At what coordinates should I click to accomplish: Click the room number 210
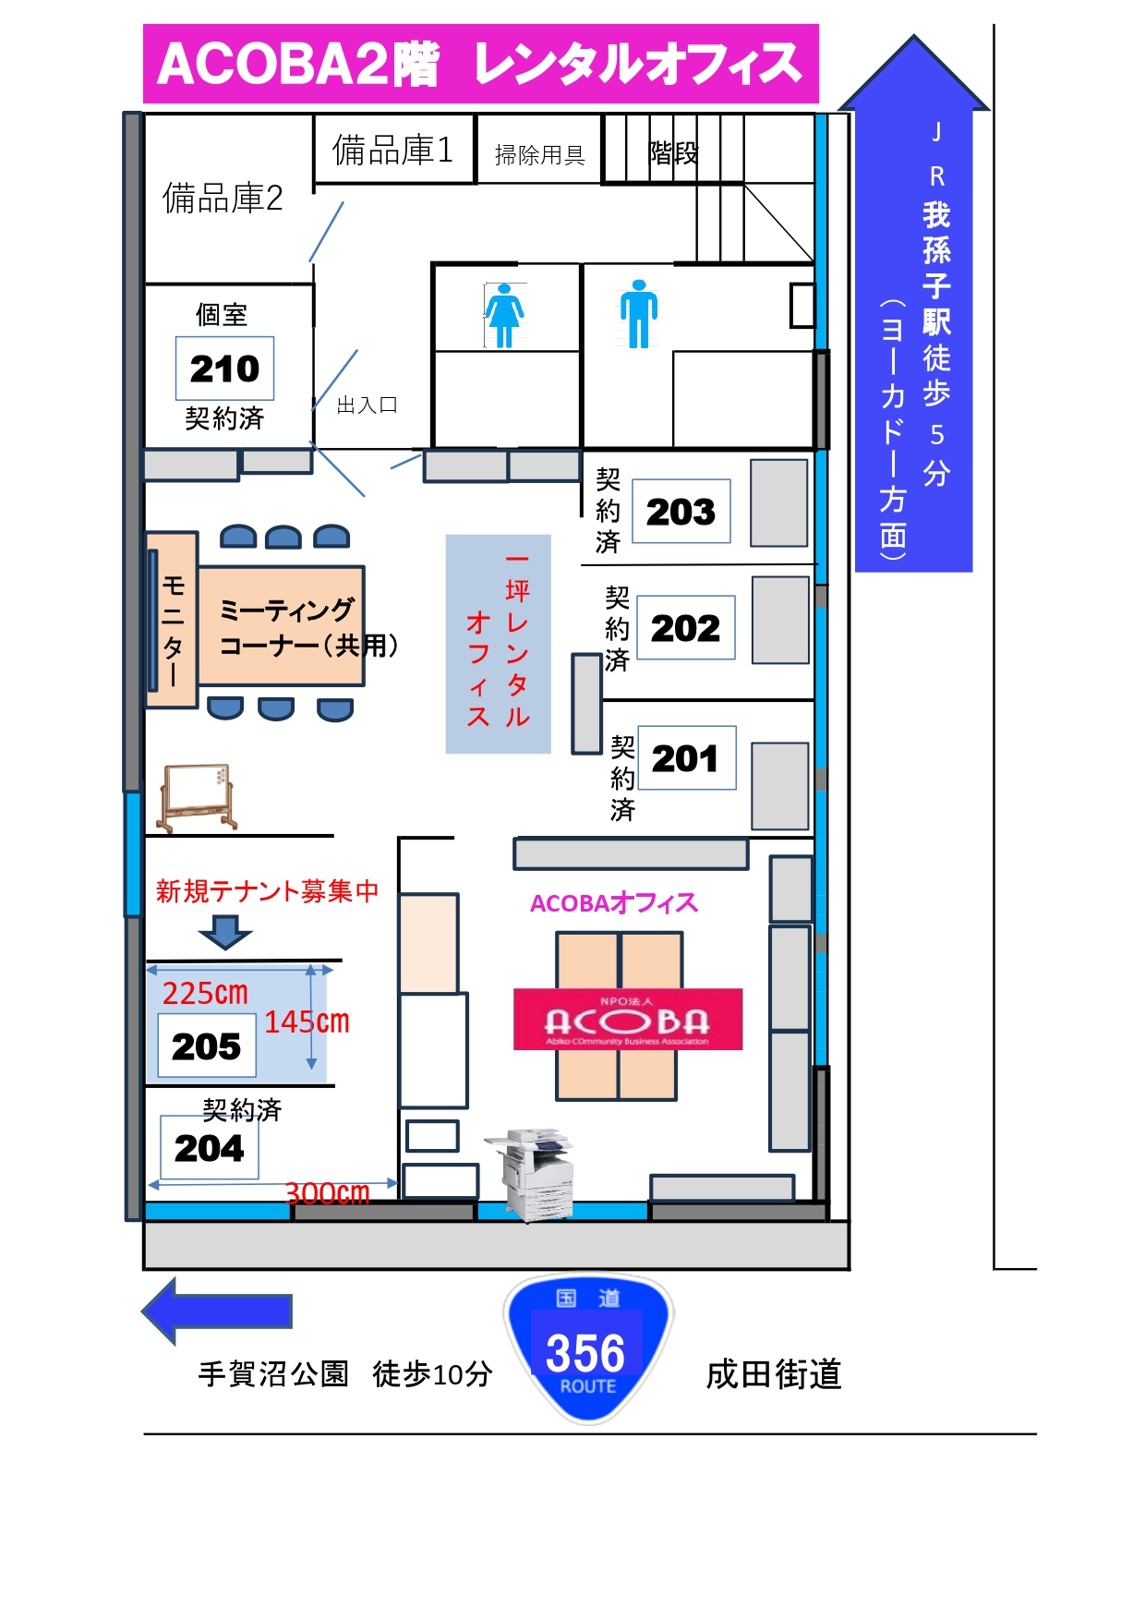pyautogui.click(x=224, y=369)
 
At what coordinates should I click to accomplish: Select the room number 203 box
pyautogui.click(x=681, y=512)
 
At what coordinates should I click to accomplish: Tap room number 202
pyautogui.click(x=685, y=628)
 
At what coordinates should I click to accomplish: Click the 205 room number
pyautogui.click(x=207, y=1046)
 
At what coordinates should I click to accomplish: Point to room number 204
pyautogui.click(x=210, y=1148)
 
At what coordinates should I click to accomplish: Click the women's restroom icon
pyautogui.click(x=504, y=316)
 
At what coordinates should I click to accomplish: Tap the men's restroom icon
pyautogui.click(x=639, y=314)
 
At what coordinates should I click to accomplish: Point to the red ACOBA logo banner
pyautogui.click(x=628, y=1020)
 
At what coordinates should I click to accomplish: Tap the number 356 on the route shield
pyautogui.click(x=585, y=1353)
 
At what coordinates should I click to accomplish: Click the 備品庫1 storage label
pyautogui.click(x=392, y=150)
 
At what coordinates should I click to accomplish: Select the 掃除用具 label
pyautogui.click(x=540, y=155)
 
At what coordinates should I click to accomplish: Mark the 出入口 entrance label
pyautogui.click(x=367, y=405)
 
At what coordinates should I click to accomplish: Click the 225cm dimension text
pyautogui.click(x=205, y=993)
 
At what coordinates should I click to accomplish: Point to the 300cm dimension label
pyautogui.click(x=327, y=1193)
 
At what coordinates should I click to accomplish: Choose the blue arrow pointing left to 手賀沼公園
pyautogui.click(x=217, y=1312)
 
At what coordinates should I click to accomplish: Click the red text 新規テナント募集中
pyautogui.click(x=267, y=890)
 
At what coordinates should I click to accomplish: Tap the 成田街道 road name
pyautogui.click(x=774, y=1374)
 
